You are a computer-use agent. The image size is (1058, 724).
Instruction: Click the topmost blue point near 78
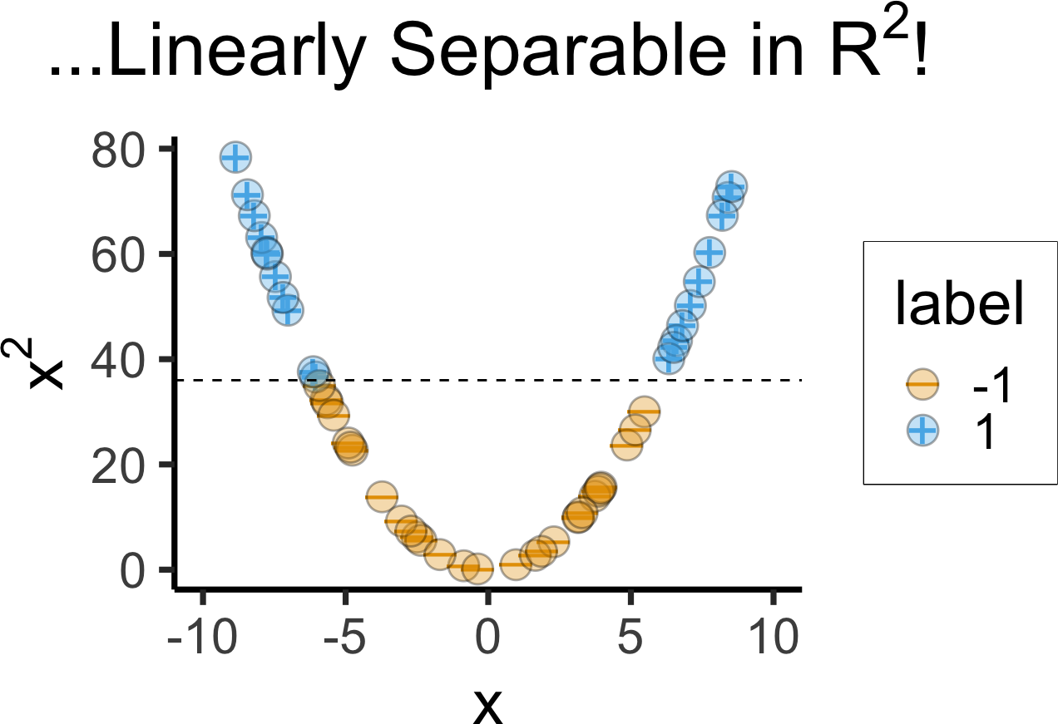(x=236, y=156)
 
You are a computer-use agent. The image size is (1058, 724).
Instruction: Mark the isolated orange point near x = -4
(x=382, y=496)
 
